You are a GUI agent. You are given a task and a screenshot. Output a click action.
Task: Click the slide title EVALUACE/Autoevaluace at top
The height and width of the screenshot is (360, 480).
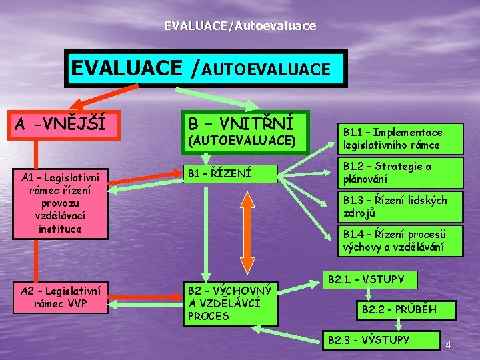pyautogui.click(x=241, y=26)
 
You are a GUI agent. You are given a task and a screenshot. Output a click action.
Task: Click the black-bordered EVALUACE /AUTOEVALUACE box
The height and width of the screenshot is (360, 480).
pyautogui.click(x=206, y=69)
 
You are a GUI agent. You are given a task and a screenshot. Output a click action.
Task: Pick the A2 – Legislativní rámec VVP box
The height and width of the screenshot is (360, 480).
pyautogui.click(x=60, y=297)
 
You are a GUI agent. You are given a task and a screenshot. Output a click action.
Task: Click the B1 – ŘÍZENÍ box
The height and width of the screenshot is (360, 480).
pyautogui.click(x=230, y=173)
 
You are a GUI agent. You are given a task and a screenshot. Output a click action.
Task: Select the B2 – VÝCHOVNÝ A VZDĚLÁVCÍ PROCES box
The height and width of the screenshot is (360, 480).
pyautogui.click(x=230, y=303)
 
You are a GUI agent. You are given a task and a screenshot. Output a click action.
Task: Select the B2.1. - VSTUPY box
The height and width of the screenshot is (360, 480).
pyautogui.click(x=370, y=279)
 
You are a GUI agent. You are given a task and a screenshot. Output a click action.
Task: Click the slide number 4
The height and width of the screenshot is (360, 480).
pyautogui.click(x=449, y=345)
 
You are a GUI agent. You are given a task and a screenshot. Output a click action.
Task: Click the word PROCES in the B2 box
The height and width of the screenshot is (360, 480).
pyautogui.click(x=208, y=316)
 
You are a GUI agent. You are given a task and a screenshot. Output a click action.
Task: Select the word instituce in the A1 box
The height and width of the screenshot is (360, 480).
pyautogui.click(x=60, y=229)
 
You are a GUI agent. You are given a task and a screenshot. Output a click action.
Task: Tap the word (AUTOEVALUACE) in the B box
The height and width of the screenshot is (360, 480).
pyautogui.click(x=242, y=141)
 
